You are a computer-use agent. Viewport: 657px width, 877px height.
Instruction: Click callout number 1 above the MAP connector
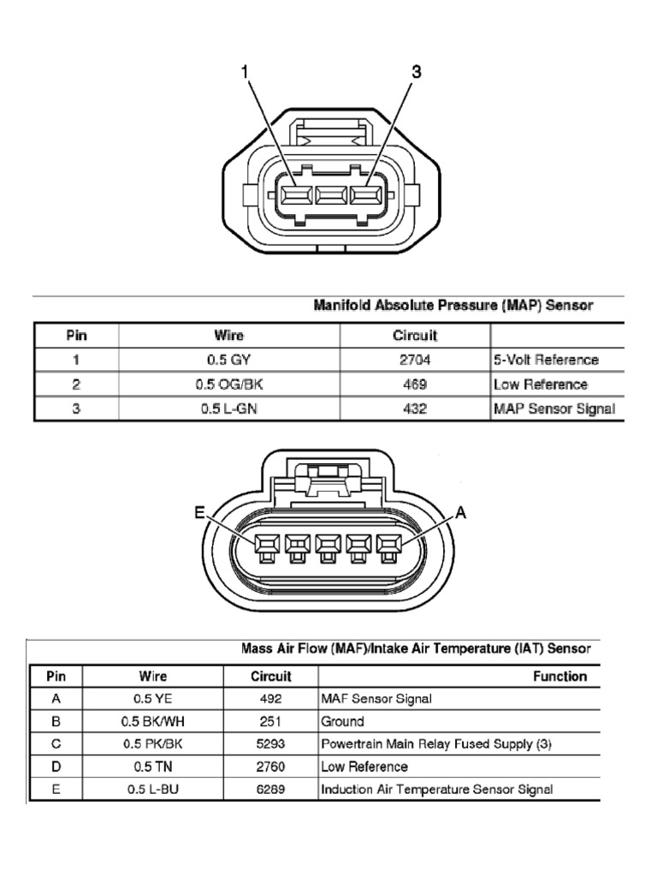tap(246, 73)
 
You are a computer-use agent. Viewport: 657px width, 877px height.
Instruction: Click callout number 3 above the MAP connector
tap(417, 73)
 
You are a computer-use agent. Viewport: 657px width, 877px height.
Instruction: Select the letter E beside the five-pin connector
tap(199, 513)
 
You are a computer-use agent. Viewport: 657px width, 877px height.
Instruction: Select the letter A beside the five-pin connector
tap(460, 513)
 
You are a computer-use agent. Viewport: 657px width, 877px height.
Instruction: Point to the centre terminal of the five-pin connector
tap(329, 544)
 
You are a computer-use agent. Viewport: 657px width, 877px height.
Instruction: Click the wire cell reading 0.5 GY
tap(228, 361)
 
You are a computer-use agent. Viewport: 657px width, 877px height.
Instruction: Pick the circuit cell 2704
tap(415, 361)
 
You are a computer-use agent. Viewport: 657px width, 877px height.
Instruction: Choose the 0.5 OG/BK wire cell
tap(228, 385)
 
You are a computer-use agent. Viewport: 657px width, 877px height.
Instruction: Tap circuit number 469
tap(415, 385)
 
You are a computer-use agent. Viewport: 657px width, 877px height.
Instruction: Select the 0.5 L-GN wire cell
tap(228, 409)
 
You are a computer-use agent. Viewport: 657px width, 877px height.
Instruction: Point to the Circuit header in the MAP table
tap(415, 336)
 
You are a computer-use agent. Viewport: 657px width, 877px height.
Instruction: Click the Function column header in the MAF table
tap(559, 676)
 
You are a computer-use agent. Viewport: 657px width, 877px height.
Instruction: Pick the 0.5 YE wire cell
tap(153, 699)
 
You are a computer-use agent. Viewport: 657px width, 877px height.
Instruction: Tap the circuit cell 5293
tap(270, 744)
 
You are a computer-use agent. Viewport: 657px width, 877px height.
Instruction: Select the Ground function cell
tap(342, 721)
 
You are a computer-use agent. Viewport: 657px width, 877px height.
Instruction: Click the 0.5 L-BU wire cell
tap(153, 790)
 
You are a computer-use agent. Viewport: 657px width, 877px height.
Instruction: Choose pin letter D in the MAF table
tap(56, 767)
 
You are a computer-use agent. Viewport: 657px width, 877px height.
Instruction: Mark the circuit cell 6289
tap(270, 790)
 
